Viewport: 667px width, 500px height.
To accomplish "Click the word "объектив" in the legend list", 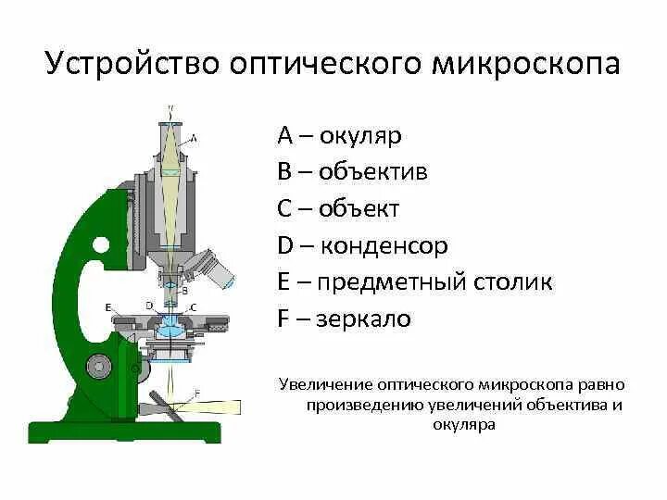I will tap(373, 172).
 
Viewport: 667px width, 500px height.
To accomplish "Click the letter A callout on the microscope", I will tap(193, 138).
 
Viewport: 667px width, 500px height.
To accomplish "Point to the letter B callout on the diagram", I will tap(184, 290).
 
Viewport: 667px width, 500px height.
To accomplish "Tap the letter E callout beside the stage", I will tap(107, 306).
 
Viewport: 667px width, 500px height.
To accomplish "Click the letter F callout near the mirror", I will tap(196, 394).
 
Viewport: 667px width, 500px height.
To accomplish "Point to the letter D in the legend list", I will tap(285, 246).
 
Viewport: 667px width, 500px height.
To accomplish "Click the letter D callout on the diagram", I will tap(149, 305).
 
